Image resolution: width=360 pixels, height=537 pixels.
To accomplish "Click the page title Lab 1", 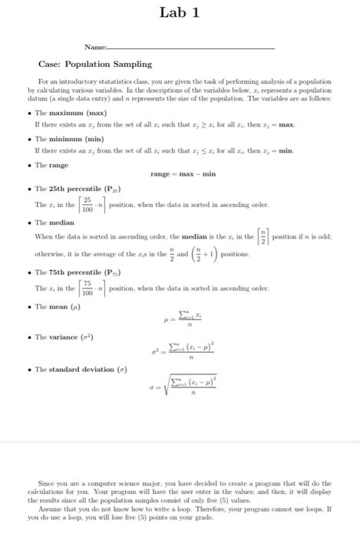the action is (180, 12).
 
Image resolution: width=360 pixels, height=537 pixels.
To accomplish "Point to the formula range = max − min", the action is (183, 174).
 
